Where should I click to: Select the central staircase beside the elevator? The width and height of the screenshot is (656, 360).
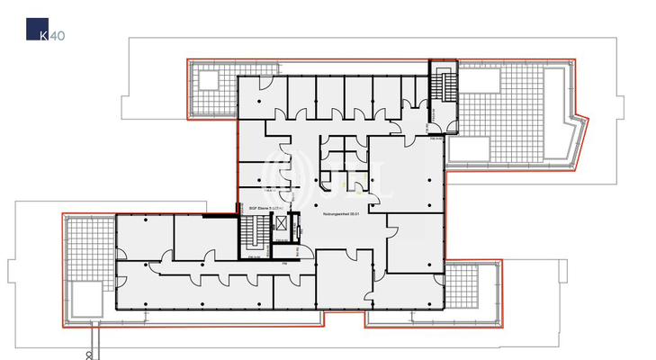click(x=255, y=235)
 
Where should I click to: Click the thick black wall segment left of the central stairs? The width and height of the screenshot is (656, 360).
click(x=216, y=215)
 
